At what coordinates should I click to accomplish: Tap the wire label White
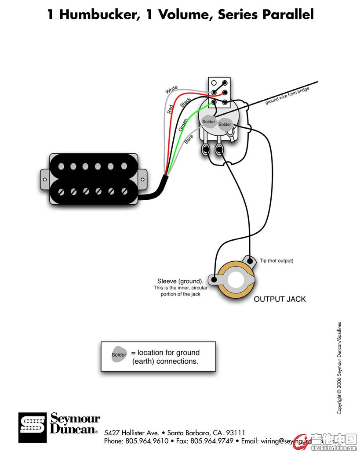pyautogui.click(x=171, y=90)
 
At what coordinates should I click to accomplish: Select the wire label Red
pyautogui.click(x=170, y=109)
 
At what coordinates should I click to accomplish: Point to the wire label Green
pyautogui.click(x=183, y=125)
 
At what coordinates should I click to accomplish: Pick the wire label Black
pyautogui.click(x=185, y=101)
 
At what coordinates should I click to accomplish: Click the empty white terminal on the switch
pyautogui.click(x=214, y=83)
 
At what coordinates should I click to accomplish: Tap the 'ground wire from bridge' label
pyautogui.click(x=287, y=95)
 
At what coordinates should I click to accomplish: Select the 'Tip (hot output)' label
pyautogui.click(x=276, y=261)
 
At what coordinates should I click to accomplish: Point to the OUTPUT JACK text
pyautogui.click(x=280, y=299)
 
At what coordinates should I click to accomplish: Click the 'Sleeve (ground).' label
pyautogui.click(x=180, y=281)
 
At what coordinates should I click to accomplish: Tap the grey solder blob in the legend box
pyautogui.click(x=119, y=355)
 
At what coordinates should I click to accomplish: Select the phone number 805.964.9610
pyautogui.click(x=147, y=441)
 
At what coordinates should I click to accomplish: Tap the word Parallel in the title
pyautogui.click(x=288, y=15)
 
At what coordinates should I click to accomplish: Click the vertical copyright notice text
pyautogui.click(x=339, y=368)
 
